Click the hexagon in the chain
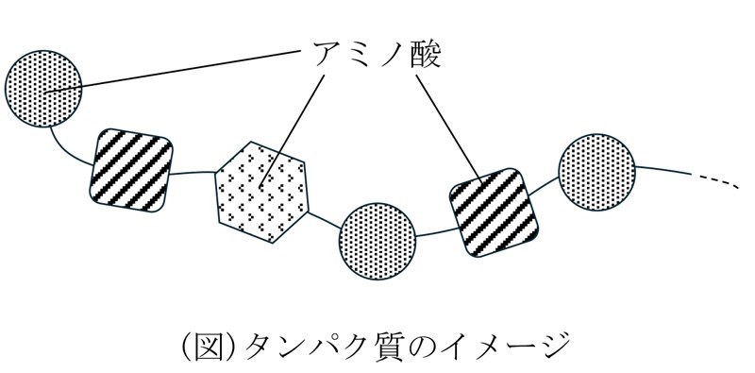click(x=262, y=192)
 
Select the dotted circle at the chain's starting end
click(x=43, y=89)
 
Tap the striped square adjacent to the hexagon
click(x=131, y=170)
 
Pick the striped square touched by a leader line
click(x=494, y=212)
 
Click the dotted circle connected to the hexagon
click(x=377, y=241)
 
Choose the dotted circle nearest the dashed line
click(x=597, y=173)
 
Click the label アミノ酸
click(x=377, y=55)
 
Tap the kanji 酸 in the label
click(x=426, y=55)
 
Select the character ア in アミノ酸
click(x=327, y=55)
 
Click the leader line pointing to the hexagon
click(x=293, y=131)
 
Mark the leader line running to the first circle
click(x=173, y=71)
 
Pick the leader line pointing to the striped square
click(x=449, y=129)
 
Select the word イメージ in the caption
click(x=514, y=345)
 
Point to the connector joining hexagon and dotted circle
click(x=324, y=220)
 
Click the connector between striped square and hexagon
click(x=193, y=173)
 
